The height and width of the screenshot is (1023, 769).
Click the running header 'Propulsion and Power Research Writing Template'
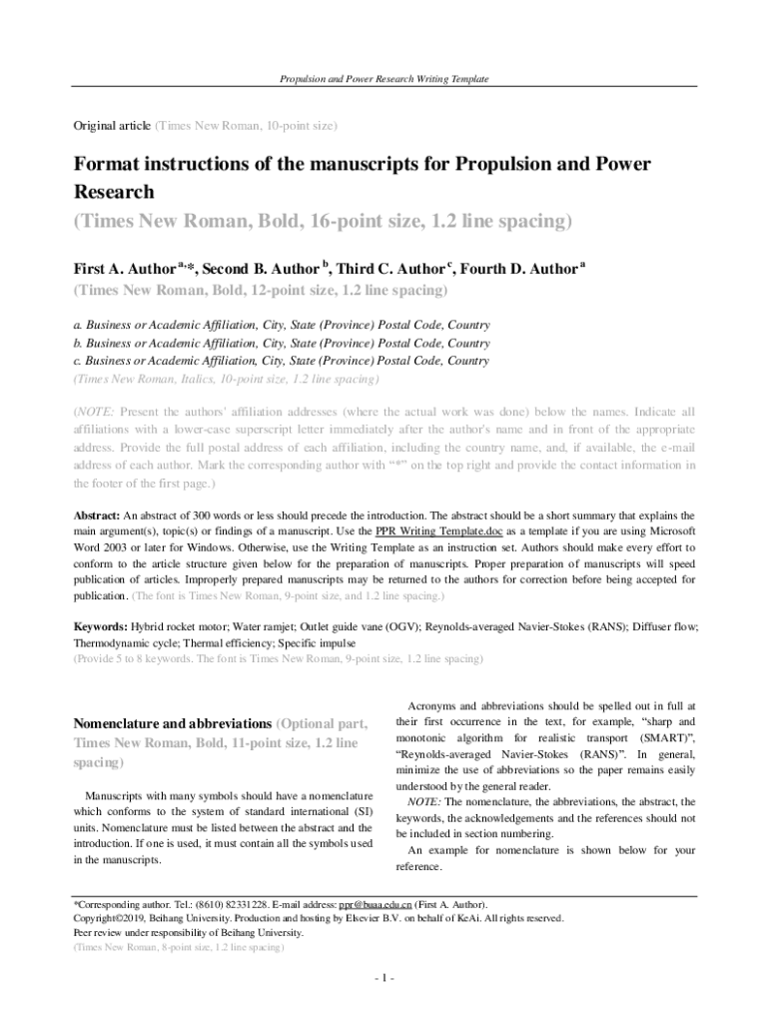[x=384, y=79]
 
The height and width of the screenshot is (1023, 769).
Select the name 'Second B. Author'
[x=256, y=269]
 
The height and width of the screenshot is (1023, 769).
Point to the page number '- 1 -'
[x=384, y=978]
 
